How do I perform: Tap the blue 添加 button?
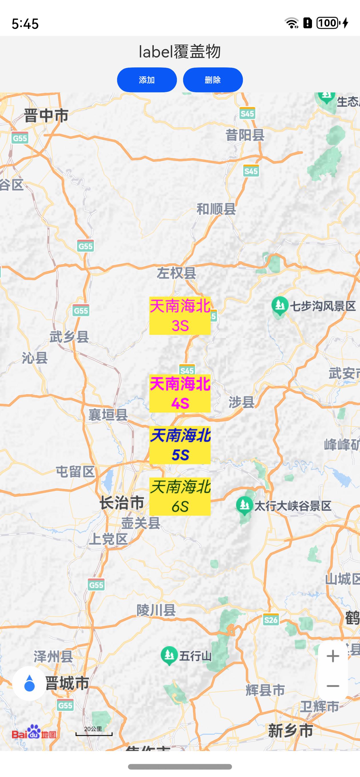click(147, 80)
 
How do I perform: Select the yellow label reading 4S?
click(180, 393)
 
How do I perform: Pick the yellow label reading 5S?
click(180, 445)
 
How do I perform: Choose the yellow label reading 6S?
click(180, 496)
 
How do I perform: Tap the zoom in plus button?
click(333, 656)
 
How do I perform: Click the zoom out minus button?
click(333, 686)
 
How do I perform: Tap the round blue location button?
click(29, 684)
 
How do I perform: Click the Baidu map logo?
click(34, 732)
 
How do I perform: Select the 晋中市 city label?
click(46, 116)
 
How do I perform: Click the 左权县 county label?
click(177, 273)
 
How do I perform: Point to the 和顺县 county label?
click(216, 209)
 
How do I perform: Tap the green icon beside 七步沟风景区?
click(279, 306)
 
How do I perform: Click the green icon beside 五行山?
click(169, 655)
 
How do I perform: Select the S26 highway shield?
click(270, 620)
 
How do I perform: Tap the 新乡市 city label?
click(290, 731)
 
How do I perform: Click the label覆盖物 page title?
click(180, 52)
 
